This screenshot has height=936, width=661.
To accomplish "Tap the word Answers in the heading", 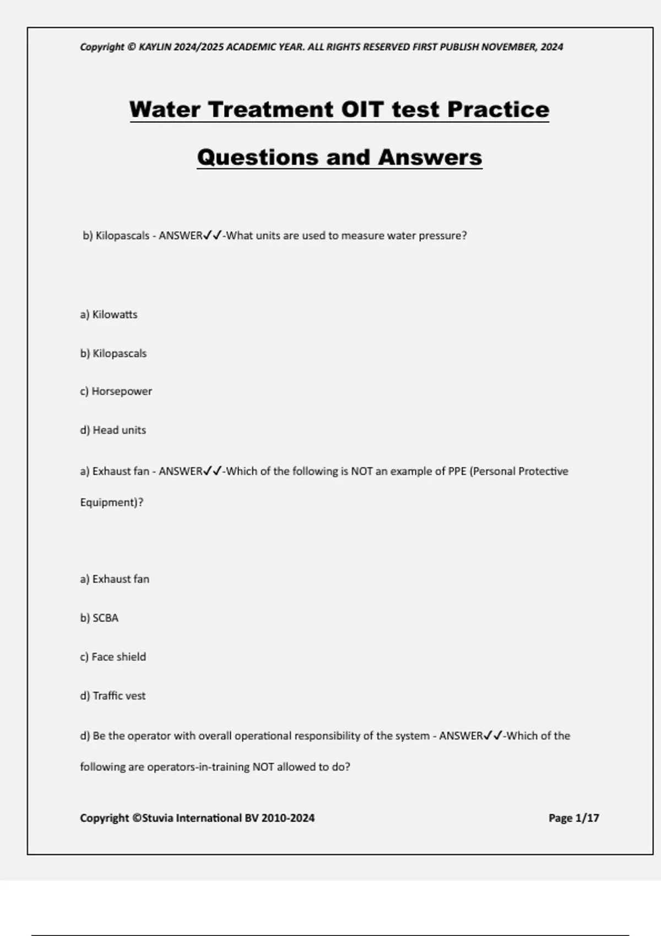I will (430, 157).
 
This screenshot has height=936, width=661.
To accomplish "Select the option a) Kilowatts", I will (109, 314).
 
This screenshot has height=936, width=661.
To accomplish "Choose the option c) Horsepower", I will (116, 391).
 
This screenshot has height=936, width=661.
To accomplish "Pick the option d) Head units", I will (113, 430).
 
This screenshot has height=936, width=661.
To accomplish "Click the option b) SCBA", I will (99, 618).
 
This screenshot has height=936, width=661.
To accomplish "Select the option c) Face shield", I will (113, 657).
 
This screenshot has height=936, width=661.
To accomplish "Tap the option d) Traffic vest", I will (113, 696).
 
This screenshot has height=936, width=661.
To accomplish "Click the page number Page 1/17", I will (573, 818).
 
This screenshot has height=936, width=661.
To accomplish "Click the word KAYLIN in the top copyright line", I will (155, 47).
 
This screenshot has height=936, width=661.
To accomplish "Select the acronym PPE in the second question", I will (457, 471).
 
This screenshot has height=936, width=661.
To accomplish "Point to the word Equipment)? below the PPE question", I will (111, 503).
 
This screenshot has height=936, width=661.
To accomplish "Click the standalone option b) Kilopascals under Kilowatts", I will (113, 353).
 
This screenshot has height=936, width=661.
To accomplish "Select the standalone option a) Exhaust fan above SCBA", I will (115, 579).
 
